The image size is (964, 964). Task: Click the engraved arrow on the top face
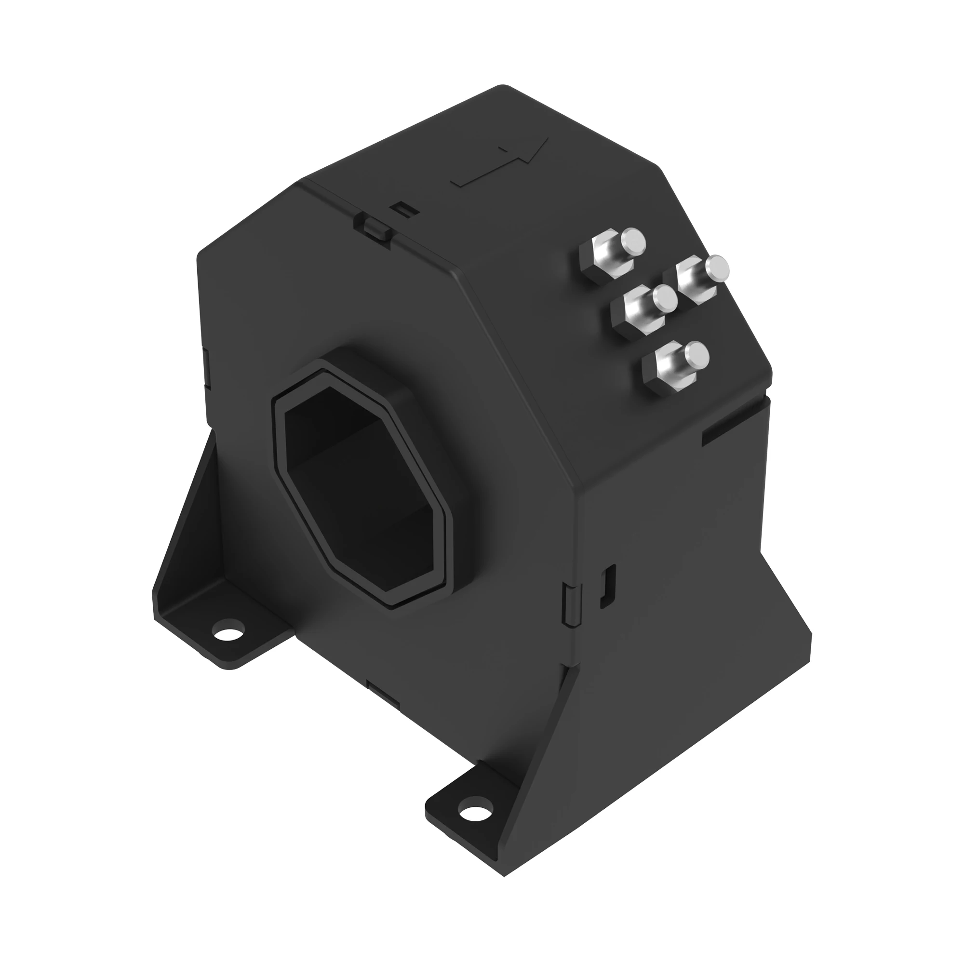point(499,162)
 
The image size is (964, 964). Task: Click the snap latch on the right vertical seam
point(571,604)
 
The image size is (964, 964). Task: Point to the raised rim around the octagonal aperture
point(280,439)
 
